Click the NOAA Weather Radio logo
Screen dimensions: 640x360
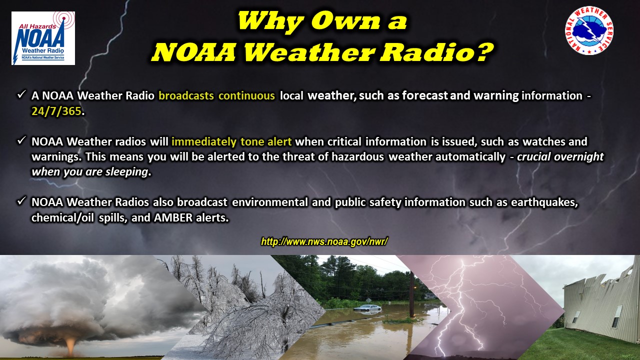tap(43, 38)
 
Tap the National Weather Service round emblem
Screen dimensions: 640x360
tap(589, 30)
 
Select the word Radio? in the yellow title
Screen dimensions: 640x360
tap(437, 52)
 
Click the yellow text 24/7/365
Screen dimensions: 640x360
tap(56, 111)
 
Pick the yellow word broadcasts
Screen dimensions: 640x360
tap(186, 95)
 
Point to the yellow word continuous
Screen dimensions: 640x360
tap(246, 95)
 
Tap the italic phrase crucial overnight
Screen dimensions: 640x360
tap(560, 157)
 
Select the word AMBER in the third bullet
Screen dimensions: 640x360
tap(173, 218)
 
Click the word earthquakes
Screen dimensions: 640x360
tap(544, 202)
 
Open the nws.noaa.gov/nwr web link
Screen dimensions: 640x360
tap(324, 241)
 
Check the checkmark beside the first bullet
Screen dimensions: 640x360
tap(21, 95)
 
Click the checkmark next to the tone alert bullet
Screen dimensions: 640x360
tap(21, 141)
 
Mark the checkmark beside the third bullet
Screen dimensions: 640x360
tap(21, 201)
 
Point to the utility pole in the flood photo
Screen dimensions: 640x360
tap(411, 294)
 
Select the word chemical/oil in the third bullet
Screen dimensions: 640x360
tap(62, 218)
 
